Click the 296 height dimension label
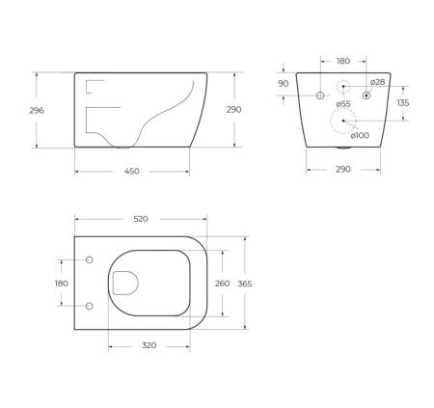pos(37,110)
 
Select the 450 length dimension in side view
pos(132,171)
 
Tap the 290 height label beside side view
pos(233,110)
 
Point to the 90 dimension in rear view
pos(283,84)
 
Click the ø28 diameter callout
pos(377,82)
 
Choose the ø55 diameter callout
pos(343,104)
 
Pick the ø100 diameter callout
pos(360,135)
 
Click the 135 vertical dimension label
pos(403,103)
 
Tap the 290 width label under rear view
pos(343,169)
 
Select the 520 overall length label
pos(141,219)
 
